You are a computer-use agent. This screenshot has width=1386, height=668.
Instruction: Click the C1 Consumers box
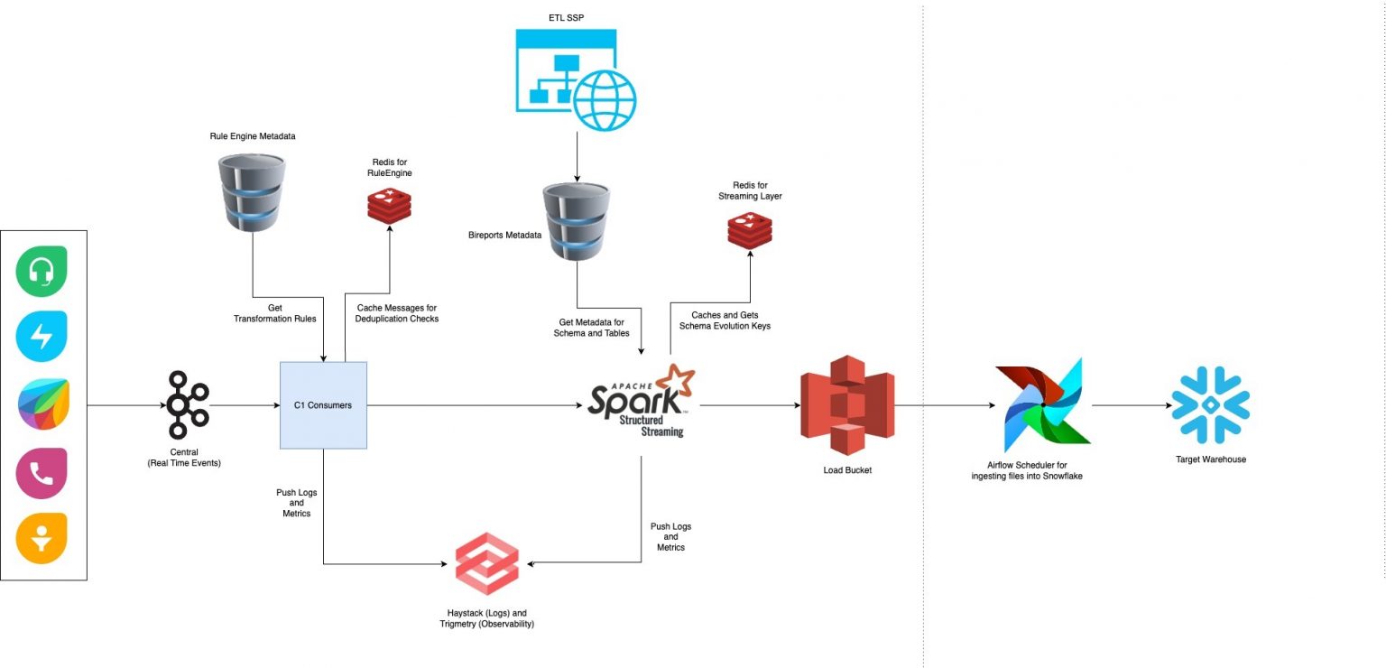pos(323,405)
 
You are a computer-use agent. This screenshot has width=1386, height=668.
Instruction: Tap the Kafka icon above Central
pos(188,404)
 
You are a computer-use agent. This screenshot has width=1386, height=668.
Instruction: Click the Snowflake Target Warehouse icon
pos(1210,404)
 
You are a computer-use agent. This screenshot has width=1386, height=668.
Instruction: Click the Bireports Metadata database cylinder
pos(576,220)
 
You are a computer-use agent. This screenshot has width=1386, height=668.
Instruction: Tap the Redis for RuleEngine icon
pos(389,206)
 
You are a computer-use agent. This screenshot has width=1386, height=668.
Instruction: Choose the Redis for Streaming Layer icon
pos(750,229)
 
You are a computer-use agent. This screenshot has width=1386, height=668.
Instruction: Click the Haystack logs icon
pos(487,563)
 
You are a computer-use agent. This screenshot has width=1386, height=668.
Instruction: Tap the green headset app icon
pos(42,271)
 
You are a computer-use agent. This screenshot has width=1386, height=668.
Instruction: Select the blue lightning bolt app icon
pos(42,337)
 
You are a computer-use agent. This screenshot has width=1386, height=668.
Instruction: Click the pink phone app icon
pos(42,473)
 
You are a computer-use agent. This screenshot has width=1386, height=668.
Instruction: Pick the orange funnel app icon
pos(42,539)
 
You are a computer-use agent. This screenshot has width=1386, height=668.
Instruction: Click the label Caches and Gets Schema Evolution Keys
pos(725,320)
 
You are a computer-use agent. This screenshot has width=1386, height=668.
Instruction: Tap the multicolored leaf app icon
pos(42,404)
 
